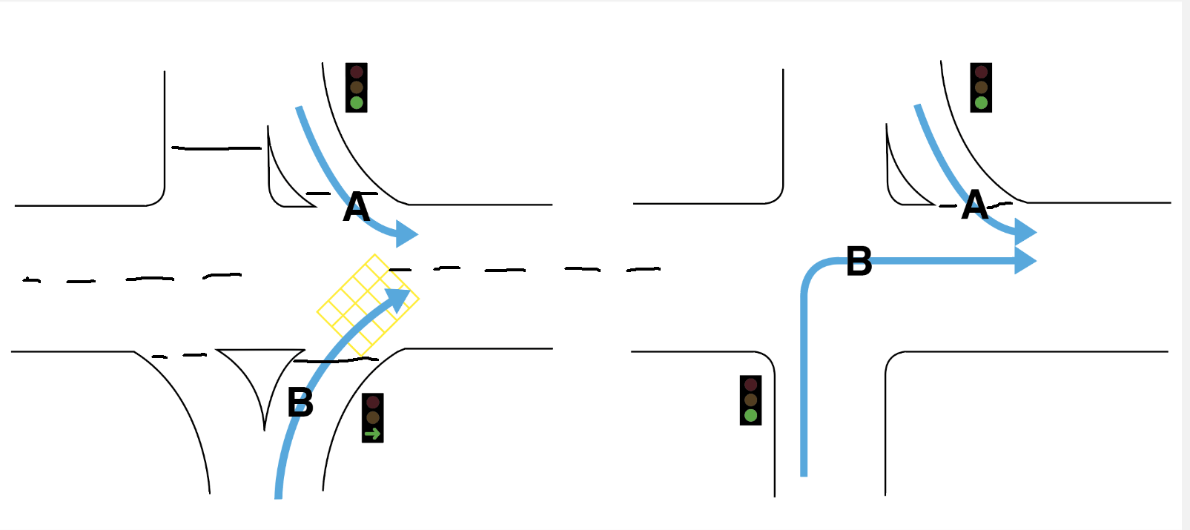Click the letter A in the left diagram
[x=357, y=208]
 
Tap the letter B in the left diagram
[x=300, y=403]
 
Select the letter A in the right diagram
[x=975, y=205]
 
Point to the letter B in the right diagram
[x=859, y=262]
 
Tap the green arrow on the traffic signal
[x=373, y=434]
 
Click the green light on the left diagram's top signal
[x=357, y=102]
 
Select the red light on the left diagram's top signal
[x=357, y=72]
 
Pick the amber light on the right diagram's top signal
[x=982, y=87]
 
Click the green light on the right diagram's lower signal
[x=751, y=415]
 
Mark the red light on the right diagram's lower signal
[x=751, y=385]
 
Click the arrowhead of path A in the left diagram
[x=406, y=233]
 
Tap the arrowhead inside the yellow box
[x=398, y=299]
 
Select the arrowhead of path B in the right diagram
[x=1025, y=261]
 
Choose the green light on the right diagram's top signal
[x=982, y=102]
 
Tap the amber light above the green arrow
[x=373, y=417]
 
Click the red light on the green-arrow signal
[x=373, y=403]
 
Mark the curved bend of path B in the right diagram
[x=813, y=271]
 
